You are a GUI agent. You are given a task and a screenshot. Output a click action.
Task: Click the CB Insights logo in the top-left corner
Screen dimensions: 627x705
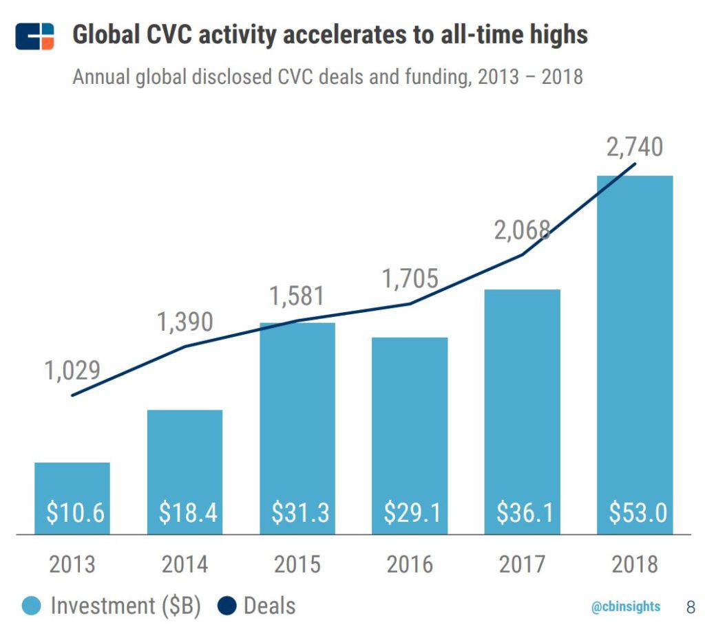point(34,36)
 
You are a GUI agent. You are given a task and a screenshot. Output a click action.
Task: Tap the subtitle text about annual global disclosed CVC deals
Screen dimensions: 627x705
point(328,76)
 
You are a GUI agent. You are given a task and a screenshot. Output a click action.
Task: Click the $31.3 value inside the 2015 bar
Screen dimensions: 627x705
point(297,513)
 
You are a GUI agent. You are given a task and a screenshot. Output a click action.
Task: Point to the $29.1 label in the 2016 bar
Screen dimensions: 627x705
point(410,513)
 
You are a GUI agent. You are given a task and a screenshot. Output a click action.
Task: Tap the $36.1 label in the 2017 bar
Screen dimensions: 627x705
point(523,513)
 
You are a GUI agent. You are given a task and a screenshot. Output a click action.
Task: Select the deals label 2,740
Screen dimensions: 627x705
point(634,148)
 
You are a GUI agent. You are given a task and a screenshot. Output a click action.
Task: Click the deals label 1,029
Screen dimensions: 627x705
point(72,371)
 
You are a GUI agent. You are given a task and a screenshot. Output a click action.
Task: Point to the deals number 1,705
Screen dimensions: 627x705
point(410,278)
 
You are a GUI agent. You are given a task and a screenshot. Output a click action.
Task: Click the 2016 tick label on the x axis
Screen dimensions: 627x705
point(410,564)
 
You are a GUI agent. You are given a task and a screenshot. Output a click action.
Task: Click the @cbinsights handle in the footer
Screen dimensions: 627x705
point(625,606)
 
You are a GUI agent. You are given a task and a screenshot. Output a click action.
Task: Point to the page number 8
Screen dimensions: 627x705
point(691,606)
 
